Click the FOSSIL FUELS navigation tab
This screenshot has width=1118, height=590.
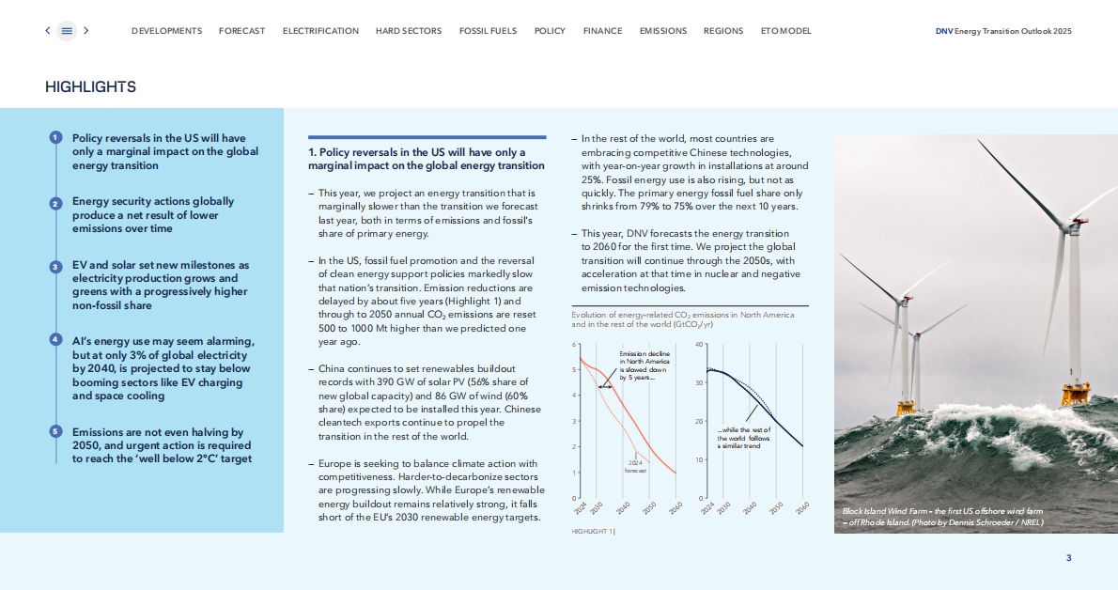tap(488, 31)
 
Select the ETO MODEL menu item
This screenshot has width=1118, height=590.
tap(785, 31)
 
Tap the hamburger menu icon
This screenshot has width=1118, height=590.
tap(67, 31)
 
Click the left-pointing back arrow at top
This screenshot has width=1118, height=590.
tap(48, 31)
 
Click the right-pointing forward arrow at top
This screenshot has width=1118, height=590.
tap(86, 31)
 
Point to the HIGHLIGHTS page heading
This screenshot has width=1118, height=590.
tap(90, 87)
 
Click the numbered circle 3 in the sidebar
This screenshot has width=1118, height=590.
tap(55, 267)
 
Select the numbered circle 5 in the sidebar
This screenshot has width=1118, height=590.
tap(55, 431)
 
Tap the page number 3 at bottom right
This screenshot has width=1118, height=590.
tap(1068, 558)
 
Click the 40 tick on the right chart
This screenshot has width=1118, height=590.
tap(699, 345)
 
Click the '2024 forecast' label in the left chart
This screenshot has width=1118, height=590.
tap(636, 466)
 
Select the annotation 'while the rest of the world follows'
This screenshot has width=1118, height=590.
tap(744, 434)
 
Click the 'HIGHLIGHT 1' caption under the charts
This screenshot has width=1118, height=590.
tap(593, 532)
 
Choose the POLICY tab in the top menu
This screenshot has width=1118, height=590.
tap(550, 31)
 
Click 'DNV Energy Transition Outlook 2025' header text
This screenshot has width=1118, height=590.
tap(1003, 31)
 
